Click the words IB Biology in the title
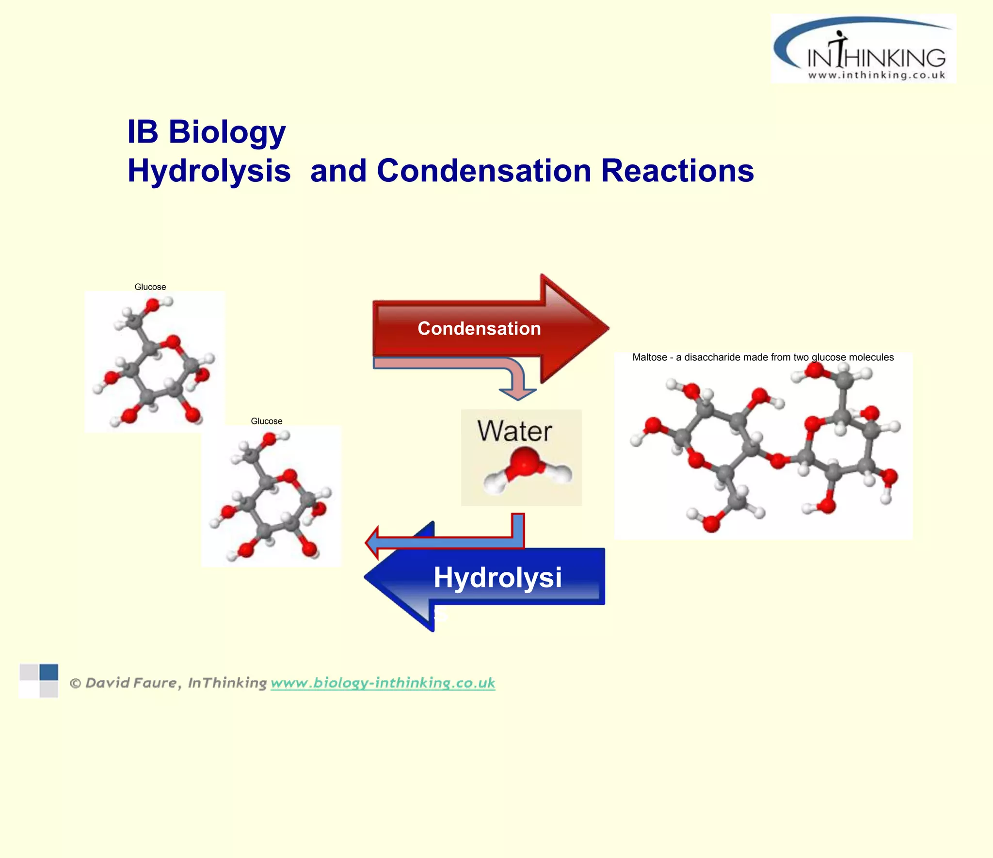click(206, 132)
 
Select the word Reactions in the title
click(677, 171)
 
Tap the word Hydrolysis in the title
click(209, 171)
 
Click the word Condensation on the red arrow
click(479, 329)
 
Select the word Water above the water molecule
click(514, 431)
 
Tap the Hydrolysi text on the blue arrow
click(497, 578)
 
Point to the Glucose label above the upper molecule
click(150, 287)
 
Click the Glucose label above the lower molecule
click(267, 421)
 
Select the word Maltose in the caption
click(650, 357)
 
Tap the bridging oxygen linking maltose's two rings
click(778, 460)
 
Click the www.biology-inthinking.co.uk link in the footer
click(383, 683)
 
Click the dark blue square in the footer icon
click(48, 672)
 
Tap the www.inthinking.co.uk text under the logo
click(877, 75)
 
